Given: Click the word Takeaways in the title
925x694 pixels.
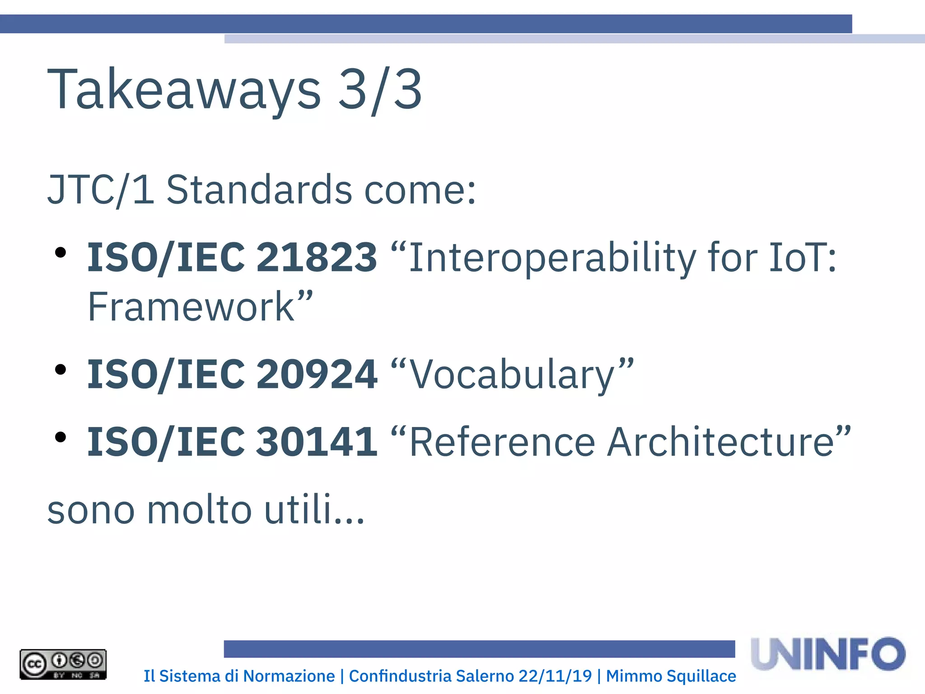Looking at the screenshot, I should coord(184,89).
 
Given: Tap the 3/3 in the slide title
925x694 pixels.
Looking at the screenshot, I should coord(380,89).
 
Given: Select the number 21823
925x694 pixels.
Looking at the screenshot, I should coord(316,258).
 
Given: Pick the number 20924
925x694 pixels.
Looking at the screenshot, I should coord(316,374).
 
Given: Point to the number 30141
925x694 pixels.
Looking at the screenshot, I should coord(316,441).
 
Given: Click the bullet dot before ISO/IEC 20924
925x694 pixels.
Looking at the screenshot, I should coord(60,370).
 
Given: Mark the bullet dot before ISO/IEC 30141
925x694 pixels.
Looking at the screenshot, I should coord(60,437).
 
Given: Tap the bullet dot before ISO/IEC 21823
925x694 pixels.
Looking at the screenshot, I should coord(60,253).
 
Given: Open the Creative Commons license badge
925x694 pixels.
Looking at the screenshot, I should coord(63,664).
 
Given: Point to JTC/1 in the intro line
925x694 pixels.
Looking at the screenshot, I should coord(101,190).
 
